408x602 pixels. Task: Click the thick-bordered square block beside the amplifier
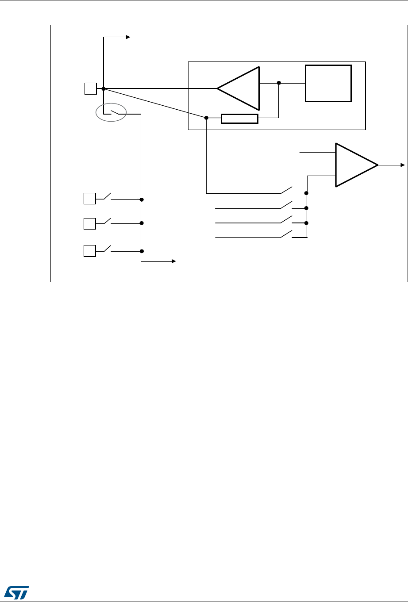coord(328,83)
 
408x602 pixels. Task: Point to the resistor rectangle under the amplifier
coord(239,118)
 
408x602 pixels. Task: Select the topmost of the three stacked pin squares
coord(90,199)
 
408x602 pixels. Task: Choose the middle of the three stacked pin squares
coord(90,223)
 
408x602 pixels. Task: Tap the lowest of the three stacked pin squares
coord(90,251)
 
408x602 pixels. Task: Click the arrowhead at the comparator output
coord(402,165)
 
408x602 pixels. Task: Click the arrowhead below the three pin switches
coord(174,261)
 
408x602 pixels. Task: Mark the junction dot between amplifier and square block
coord(279,83)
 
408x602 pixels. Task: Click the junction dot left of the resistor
coord(207,118)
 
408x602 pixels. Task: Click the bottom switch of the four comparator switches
coord(287,234)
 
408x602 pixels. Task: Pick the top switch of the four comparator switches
coord(287,190)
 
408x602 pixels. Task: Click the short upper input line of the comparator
coord(317,153)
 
